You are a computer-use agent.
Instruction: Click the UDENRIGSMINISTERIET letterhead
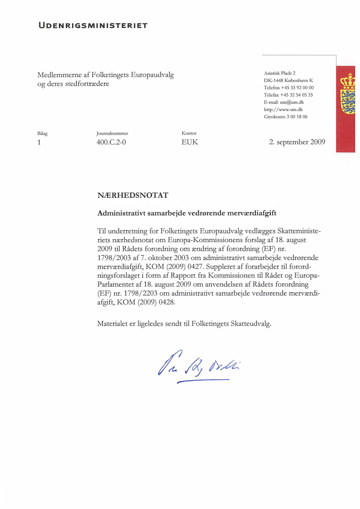pos(92,25)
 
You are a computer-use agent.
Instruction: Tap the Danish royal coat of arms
pos(347,94)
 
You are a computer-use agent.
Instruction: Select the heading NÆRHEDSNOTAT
pos(133,196)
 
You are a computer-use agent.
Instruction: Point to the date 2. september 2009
pos(297,142)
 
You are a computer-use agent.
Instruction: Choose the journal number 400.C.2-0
pos(111,142)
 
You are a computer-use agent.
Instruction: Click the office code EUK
pos(190,142)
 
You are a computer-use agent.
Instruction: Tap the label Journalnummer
pos(112,133)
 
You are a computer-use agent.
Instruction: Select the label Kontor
pos(189,133)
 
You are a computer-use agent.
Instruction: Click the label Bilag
pos(42,133)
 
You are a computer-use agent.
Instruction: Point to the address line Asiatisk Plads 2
pos(280,73)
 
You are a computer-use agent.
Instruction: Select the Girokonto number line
pos(285,117)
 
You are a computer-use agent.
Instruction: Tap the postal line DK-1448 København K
pos(289,80)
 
